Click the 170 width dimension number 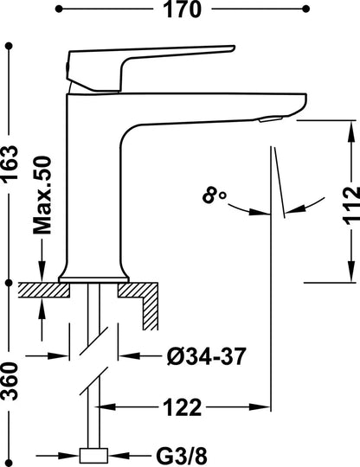point(183,10)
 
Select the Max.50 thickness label point(42,195)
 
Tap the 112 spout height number point(351,206)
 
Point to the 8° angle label point(215,195)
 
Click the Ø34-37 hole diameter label point(207,356)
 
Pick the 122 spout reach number point(183,407)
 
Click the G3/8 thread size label point(182,456)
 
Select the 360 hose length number point(10,381)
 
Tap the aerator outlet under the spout point(271,119)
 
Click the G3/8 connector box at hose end point(93,456)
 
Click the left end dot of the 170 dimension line point(59,10)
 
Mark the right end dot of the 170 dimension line point(305,10)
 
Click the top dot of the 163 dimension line point(10,46)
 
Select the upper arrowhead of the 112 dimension point(352,131)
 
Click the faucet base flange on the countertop point(93,279)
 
